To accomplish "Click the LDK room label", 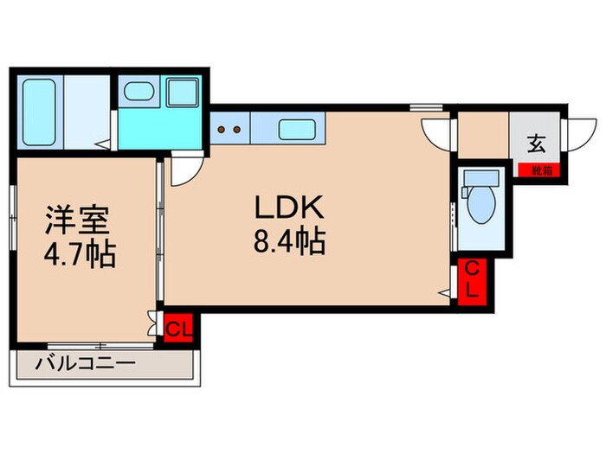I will pyautogui.click(x=288, y=208).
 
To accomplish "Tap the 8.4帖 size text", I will pyautogui.click(x=288, y=242).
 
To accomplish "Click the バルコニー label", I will pyautogui.click(x=85, y=364).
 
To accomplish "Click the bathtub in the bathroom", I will pyautogui.click(x=38, y=112).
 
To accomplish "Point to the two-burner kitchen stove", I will pyautogui.click(x=229, y=130).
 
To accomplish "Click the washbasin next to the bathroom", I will pyautogui.click(x=137, y=91).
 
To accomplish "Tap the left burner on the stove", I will pyautogui.click(x=222, y=130).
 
